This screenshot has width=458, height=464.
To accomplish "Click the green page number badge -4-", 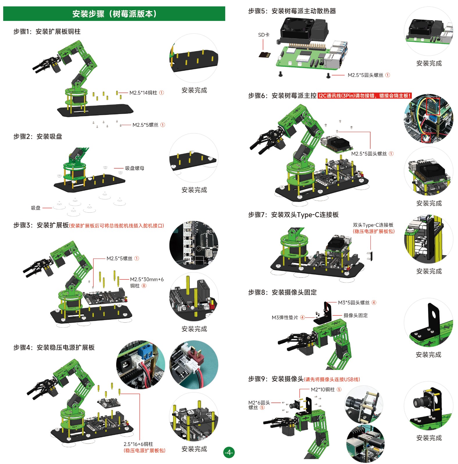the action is coord(229,452).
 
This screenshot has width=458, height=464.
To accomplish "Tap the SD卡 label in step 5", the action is coord(264,35).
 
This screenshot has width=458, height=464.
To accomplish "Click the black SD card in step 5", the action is coord(265,54).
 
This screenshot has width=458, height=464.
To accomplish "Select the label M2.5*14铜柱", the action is coord(143,93).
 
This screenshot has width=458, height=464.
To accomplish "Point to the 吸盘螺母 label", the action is coord(135,168).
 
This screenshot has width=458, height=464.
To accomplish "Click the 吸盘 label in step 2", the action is coord(36,208).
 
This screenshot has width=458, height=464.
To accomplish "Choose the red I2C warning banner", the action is coord(364,96).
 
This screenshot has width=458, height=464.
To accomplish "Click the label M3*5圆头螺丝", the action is coord(354,303).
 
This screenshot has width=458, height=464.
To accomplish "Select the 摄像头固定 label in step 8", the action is coord(355,315).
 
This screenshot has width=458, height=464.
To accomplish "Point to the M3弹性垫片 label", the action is coord(285,317).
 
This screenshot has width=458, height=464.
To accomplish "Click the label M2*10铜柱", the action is coord(323,389).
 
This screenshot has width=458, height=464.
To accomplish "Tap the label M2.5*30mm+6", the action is coord(147,279).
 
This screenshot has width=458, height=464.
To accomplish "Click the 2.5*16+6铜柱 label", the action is coord(138,444).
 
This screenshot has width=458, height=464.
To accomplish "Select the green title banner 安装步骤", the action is coord(114,14).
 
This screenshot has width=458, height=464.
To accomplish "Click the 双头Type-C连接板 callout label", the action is coord(373,225).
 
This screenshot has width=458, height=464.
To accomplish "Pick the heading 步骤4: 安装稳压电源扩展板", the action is coord(54,347).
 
